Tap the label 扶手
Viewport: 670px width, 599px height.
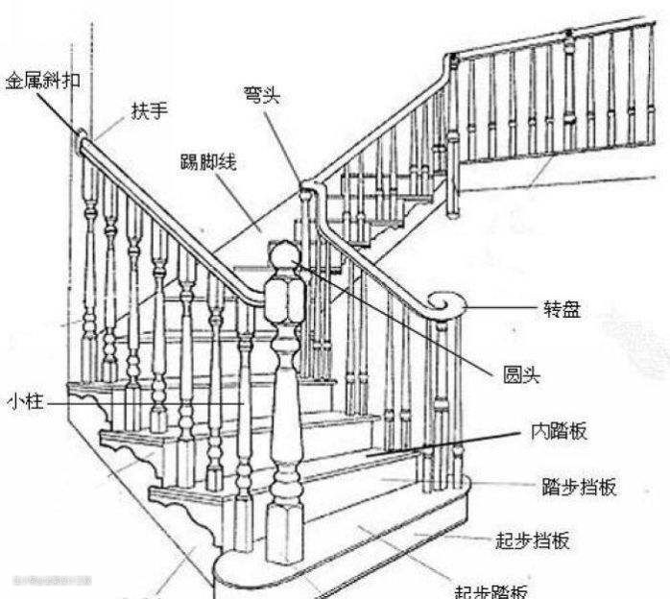click(150, 111)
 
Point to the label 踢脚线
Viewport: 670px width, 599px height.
click(206, 163)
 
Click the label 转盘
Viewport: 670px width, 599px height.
click(561, 309)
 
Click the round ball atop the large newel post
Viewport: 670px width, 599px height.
click(283, 257)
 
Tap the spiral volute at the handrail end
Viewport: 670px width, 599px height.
click(445, 304)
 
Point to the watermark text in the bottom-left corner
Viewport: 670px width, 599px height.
click(53, 580)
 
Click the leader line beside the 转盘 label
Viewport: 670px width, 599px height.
click(504, 309)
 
